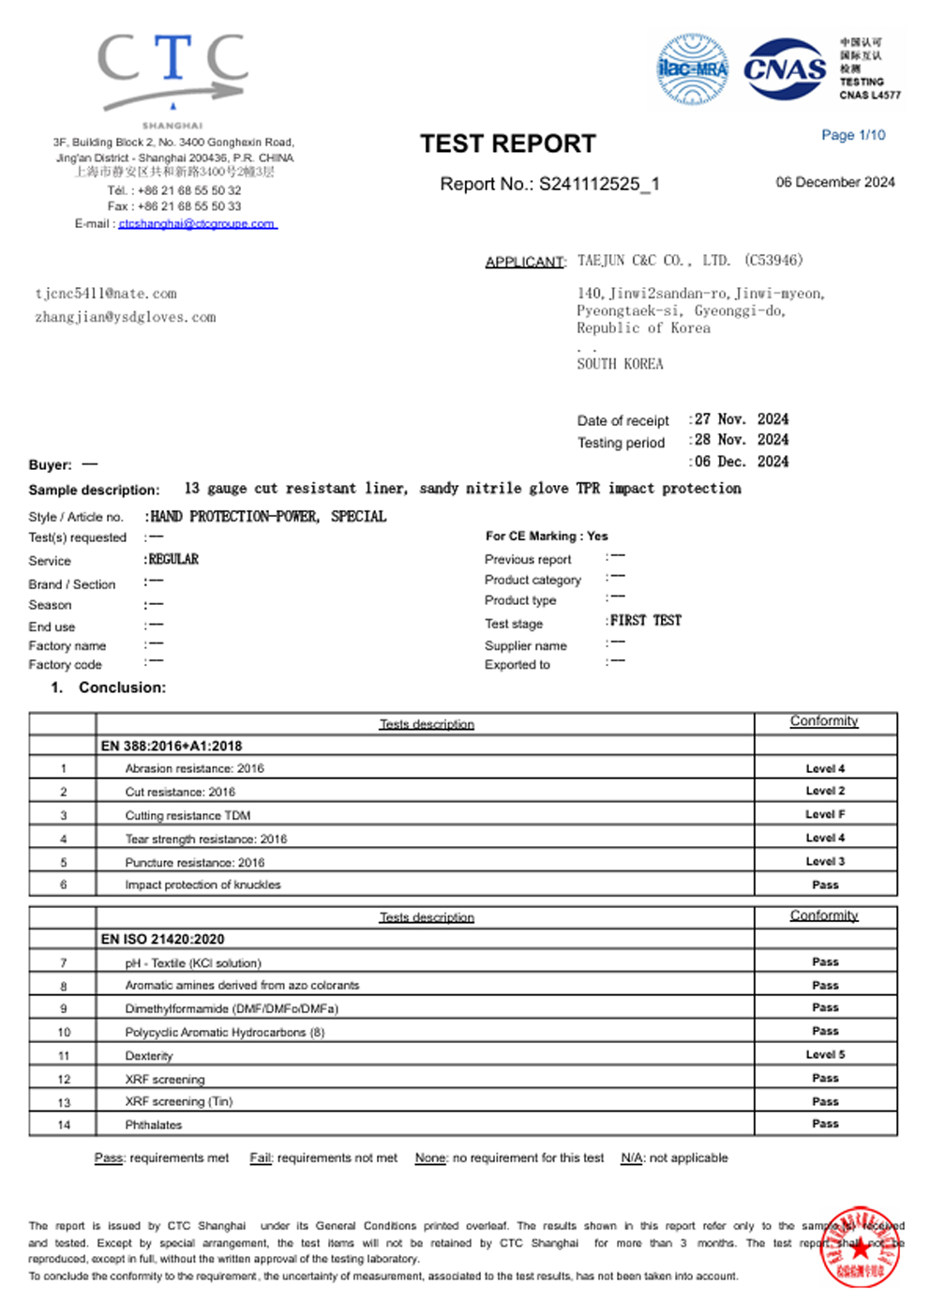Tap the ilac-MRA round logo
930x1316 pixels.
(x=692, y=68)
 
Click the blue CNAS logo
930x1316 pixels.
(x=785, y=68)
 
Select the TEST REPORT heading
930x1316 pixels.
(x=507, y=144)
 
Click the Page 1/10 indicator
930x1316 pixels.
(x=853, y=135)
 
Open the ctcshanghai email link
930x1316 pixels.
(x=197, y=224)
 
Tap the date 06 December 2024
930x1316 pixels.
(x=834, y=182)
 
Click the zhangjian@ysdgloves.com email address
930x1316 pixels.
(x=126, y=318)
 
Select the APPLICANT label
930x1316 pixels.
(x=525, y=262)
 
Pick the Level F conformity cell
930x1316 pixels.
(x=825, y=814)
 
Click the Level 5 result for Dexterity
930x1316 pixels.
(x=825, y=1054)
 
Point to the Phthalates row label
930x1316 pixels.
(x=154, y=1125)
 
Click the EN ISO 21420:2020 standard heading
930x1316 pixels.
(x=162, y=939)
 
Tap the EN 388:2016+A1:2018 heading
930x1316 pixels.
(x=172, y=746)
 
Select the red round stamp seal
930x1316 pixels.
(x=860, y=1247)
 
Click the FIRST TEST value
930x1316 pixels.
(x=645, y=621)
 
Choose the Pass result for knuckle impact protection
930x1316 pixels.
(x=825, y=885)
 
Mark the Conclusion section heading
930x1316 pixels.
(x=122, y=688)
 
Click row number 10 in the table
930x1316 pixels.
(x=64, y=1032)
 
